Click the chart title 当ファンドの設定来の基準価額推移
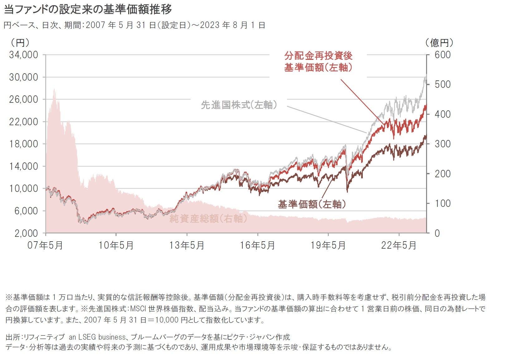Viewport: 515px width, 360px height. [88, 10]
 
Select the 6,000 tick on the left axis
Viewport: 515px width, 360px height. [26, 211]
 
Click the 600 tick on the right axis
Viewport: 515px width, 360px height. [443, 55]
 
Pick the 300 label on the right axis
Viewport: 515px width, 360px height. [443, 144]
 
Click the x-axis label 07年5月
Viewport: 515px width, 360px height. [45, 246]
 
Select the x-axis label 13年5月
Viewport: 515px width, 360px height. [187, 246]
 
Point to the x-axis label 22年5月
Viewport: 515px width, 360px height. [399, 246]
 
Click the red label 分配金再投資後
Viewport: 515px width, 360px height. [318, 56]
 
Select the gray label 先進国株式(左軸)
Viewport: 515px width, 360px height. [239, 105]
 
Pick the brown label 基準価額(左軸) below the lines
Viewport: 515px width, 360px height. [312, 204]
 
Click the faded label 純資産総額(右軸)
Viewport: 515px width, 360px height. [208, 218]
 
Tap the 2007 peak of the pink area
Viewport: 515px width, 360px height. [55, 89]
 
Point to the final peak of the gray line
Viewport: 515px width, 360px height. [425, 76]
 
